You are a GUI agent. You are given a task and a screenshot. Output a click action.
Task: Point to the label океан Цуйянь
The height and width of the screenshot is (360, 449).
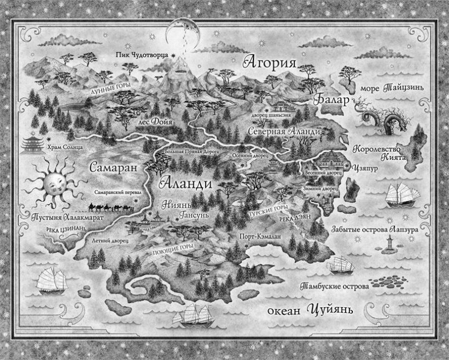click(310, 310)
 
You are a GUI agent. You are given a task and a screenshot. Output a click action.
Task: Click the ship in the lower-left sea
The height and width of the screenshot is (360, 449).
click(52, 280)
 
